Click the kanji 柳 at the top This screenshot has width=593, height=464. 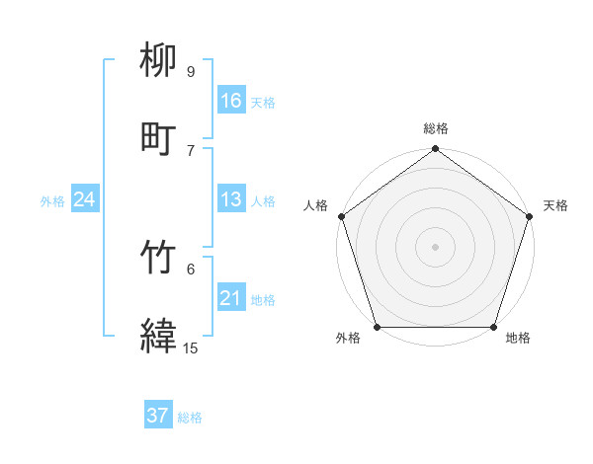pos(159,61)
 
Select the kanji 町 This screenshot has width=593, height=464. pos(159,137)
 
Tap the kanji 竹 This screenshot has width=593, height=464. pos(159,259)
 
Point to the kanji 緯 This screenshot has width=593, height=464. pos(159,336)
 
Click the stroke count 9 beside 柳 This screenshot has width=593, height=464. pos(190,72)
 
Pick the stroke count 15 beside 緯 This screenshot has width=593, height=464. pos(190,348)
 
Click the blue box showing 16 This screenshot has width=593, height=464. pos(231,101)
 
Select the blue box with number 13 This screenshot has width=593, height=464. pos(231,199)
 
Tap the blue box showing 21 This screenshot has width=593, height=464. pos(231,298)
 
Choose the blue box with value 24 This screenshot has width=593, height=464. pos(85,199)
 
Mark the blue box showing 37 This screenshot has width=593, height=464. pos(157,416)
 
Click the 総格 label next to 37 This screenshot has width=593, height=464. pos(190,418)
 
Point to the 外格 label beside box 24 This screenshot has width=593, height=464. pos(52,201)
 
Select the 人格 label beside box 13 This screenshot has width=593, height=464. pos(263,201)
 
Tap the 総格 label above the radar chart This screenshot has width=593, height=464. pos(435,128)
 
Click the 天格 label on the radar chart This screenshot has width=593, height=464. pos(555,205)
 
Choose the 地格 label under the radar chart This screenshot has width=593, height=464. pos(518,339)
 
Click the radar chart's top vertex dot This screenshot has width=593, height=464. pos(435,149)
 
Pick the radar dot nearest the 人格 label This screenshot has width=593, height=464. pos(342,216)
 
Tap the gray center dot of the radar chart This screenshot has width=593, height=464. pos(435,246)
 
